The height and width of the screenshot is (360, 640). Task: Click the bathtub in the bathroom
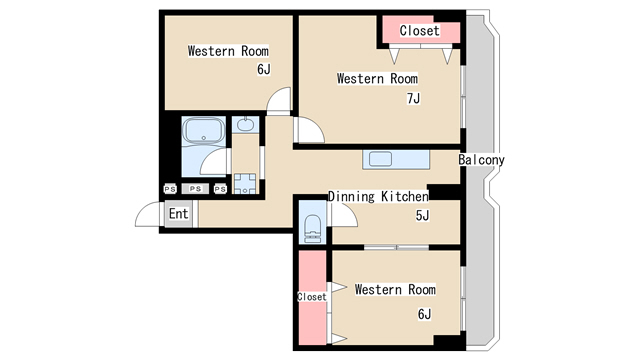pos(204,130)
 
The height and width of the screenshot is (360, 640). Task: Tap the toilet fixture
pos(313,228)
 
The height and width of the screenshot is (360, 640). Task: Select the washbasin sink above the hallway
pos(245,124)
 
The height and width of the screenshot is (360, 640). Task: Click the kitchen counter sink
pos(380,159)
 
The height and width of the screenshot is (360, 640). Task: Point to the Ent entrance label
pos(178,213)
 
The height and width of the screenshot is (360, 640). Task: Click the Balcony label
pos(481,160)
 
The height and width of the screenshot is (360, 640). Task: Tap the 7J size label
pos(413,98)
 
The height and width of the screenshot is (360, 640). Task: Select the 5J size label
pos(422,215)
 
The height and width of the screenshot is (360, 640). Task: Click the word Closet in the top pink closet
pos(420,31)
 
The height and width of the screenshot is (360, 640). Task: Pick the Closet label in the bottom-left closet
pos(312,297)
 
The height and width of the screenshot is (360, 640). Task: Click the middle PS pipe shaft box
pos(195,189)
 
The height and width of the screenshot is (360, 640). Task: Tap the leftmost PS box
pos(170,189)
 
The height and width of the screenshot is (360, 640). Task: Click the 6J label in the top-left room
pos(264,69)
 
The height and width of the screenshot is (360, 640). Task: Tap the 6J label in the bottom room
pos(424,314)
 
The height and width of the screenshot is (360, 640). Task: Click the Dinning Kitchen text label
pos(378,196)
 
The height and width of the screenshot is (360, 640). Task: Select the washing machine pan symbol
pos(245,184)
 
